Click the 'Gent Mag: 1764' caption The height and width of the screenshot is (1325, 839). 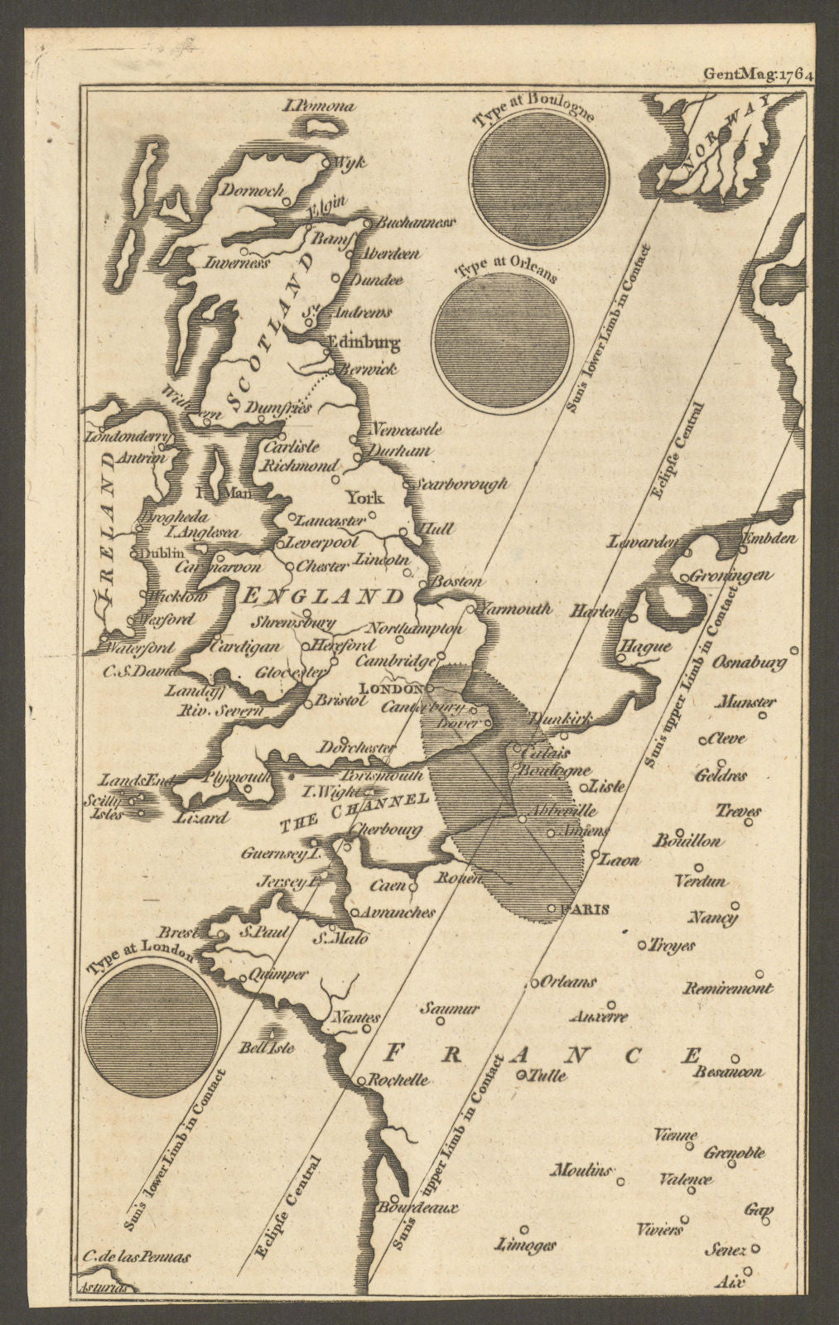point(759,73)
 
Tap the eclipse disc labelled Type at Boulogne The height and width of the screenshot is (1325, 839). point(539,178)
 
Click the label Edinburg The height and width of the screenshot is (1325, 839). point(364,341)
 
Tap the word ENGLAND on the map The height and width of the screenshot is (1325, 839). point(322,596)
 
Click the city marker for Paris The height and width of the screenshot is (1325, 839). point(552,909)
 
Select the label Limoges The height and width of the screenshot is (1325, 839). point(523,1245)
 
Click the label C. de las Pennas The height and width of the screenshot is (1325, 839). point(136,1256)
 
